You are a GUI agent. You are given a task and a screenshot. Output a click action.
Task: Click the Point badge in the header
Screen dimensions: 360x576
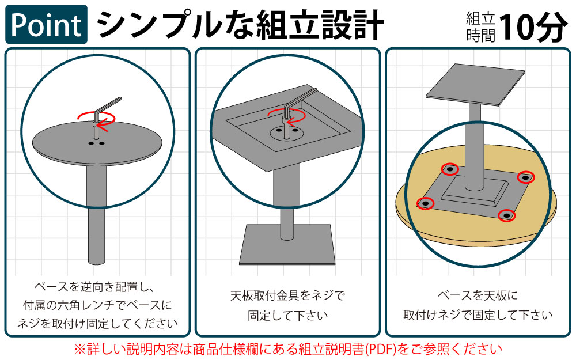pos(47,24)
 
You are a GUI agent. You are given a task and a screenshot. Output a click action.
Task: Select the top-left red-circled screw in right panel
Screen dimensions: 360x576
pos(450,169)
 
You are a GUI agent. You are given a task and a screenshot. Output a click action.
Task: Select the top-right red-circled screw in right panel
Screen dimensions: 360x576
pos(525,178)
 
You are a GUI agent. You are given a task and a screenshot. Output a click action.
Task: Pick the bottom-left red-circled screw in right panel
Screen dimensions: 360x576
pos(425,203)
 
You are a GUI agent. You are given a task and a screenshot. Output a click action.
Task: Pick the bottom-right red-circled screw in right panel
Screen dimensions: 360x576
pos(506,215)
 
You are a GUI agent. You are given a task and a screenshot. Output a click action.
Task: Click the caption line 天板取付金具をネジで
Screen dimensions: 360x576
pos(287,296)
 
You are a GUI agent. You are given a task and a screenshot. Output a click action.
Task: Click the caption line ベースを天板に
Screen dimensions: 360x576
pos(478,296)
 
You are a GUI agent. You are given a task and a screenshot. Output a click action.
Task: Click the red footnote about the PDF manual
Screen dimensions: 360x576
pos(287,348)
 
